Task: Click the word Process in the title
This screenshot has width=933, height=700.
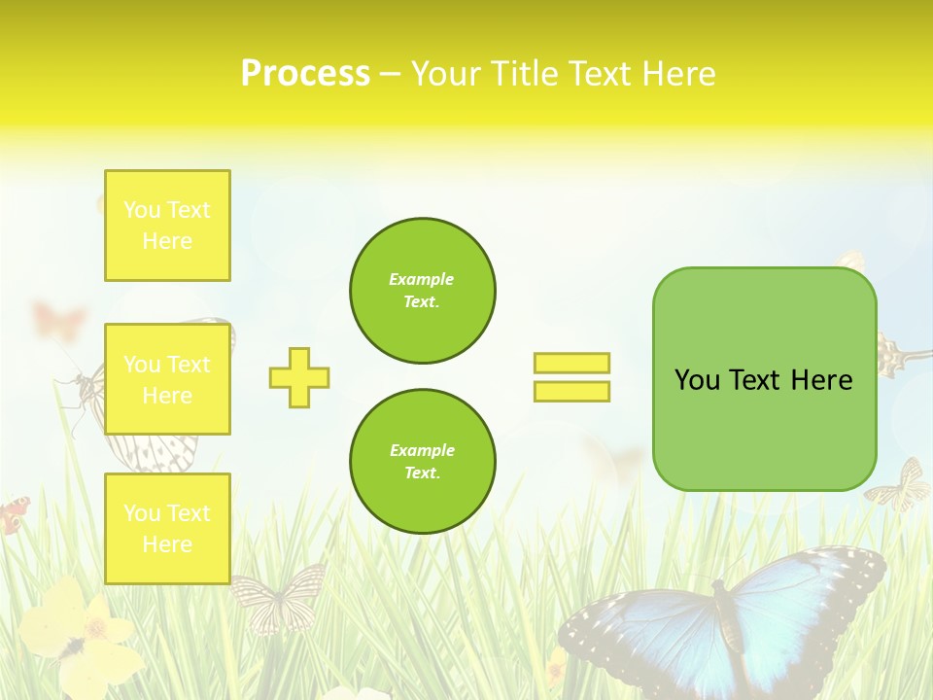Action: point(305,74)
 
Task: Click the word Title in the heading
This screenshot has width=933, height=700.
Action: point(522,74)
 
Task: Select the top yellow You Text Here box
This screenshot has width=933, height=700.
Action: point(167,226)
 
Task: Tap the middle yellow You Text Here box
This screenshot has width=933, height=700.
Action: point(167,379)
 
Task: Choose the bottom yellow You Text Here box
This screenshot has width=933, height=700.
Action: point(167,529)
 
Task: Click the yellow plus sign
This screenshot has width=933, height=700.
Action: point(299,377)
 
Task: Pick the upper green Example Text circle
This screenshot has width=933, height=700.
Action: point(422,291)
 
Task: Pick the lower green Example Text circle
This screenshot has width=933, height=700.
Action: point(422,462)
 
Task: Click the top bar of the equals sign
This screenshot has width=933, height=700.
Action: point(571,363)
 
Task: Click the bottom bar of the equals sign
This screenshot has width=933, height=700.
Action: point(571,391)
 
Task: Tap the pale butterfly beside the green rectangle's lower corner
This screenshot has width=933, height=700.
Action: point(899,487)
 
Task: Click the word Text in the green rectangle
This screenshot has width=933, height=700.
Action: point(762,380)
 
